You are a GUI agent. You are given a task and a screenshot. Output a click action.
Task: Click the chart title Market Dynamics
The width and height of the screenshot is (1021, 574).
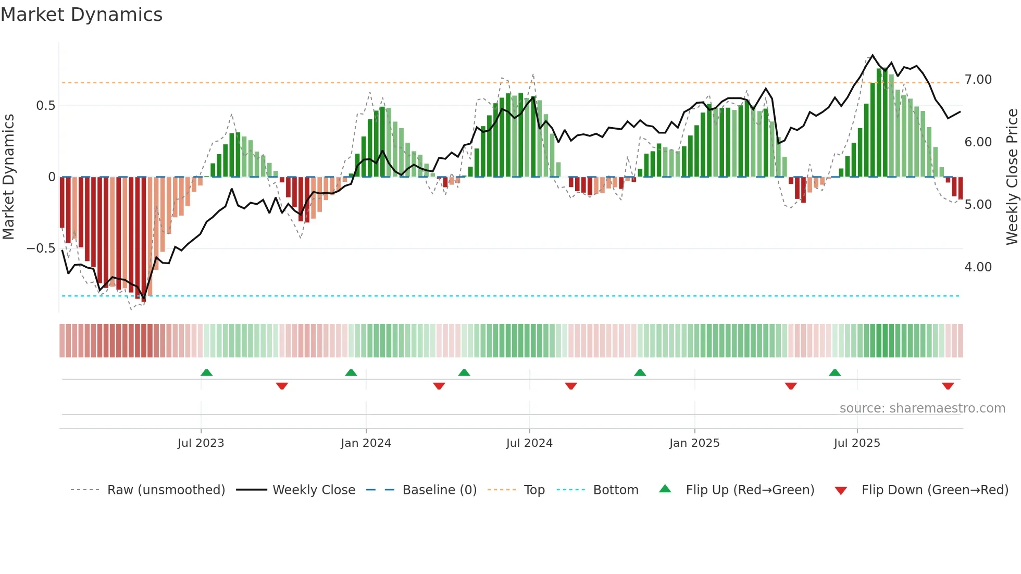(82, 15)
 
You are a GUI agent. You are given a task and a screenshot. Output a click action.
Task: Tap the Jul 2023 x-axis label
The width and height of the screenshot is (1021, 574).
(201, 443)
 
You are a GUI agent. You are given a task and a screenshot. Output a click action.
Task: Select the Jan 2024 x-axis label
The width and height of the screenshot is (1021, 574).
(366, 443)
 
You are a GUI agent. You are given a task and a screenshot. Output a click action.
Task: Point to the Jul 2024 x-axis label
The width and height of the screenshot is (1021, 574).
(529, 443)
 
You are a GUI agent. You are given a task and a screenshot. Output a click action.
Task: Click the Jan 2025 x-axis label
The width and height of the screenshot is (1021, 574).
(694, 443)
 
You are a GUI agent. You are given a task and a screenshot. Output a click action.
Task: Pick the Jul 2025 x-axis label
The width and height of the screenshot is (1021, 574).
(857, 443)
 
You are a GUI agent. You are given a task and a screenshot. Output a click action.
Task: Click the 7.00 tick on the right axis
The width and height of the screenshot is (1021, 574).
(978, 80)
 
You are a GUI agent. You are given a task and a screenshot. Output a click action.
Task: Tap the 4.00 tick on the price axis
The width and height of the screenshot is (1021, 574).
(978, 267)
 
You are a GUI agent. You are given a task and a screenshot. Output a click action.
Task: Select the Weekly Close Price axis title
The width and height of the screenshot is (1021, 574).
(1012, 177)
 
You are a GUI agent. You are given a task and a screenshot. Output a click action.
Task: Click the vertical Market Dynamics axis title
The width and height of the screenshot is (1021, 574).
(8, 177)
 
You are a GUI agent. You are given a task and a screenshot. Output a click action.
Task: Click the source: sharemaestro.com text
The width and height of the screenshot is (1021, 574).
(922, 408)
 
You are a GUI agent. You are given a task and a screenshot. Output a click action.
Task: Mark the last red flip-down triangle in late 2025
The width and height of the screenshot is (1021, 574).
(948, 386)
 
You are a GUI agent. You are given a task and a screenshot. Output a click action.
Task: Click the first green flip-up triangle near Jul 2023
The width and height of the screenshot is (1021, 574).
(206, 372)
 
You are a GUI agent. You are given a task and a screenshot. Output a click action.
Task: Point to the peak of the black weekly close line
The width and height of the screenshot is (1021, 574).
(873, 55)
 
